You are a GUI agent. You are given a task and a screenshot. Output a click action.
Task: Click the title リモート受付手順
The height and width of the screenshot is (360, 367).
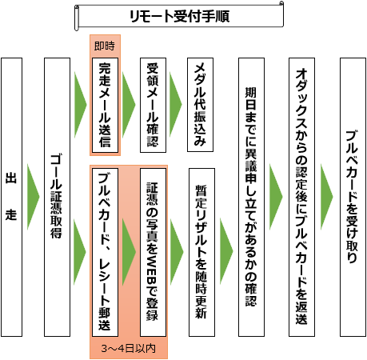(x=179, y=16)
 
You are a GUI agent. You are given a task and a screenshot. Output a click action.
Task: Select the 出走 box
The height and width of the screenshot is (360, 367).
(x=12, y=197)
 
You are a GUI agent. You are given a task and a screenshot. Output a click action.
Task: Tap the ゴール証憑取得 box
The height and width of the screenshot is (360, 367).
(x=57, y=197)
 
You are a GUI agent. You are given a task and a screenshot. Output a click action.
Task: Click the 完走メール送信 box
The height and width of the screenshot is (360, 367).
(x=105, y=105)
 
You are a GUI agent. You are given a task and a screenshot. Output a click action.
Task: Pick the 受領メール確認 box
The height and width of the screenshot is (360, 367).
(x=153, y=105)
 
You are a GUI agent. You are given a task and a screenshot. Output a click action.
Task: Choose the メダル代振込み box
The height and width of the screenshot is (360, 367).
(x=200, y=105)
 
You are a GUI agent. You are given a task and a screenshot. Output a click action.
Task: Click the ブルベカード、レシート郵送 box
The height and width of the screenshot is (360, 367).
(x=105, y=252)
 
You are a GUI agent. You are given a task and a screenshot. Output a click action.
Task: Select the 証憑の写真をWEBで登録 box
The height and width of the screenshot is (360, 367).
(x=153, y=252)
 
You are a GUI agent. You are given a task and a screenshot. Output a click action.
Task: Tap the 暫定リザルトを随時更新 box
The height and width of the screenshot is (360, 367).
(x=201, y=252)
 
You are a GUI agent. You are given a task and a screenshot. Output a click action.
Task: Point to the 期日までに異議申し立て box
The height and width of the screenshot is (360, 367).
(x=251, y=197)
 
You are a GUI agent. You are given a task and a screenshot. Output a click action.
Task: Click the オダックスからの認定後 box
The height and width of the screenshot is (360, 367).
(x=301, y=197)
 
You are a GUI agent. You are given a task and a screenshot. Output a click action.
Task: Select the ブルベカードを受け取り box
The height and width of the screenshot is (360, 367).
(x=353, y=197)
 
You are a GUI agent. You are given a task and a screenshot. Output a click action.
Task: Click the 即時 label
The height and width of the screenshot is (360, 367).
(x=105, y=46)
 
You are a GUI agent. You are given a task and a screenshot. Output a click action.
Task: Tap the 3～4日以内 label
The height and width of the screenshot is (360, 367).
(x=129, y=348)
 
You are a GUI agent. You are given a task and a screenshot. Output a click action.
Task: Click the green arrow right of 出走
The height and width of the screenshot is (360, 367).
(x=33, y=197)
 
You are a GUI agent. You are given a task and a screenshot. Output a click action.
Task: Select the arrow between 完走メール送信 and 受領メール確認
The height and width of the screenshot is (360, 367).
(x=129, y=105)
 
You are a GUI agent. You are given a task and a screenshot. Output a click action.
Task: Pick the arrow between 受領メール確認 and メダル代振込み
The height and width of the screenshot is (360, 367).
(x=176, y=105)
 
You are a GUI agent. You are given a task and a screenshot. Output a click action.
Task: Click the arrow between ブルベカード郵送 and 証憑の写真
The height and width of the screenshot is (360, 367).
(x=129, y=252)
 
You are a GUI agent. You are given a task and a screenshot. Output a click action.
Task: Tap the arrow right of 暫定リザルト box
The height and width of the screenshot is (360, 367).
(x=226, y=251)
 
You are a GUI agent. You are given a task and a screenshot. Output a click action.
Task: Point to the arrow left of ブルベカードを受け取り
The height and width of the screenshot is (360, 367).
(x=327, y=197)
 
